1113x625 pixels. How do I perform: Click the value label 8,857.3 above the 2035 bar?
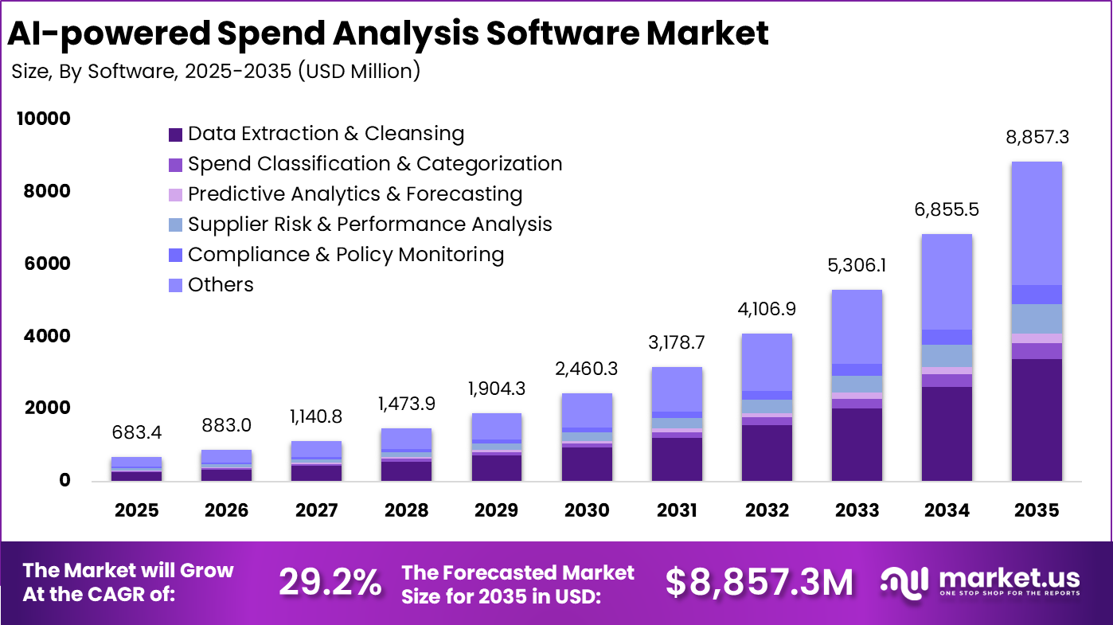(x=1037, y=137)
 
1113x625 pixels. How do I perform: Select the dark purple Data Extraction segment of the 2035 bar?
(x=1037, y=420)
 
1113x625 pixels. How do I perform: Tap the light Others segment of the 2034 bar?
(x=947, y=282)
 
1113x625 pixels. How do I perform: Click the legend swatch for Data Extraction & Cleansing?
(x=176, y=135)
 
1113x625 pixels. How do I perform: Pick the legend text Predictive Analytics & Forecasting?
(x=355, y=194)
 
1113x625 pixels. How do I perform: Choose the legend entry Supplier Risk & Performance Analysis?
(x=369, y=225)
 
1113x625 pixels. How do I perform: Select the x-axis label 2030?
(x=587, y=510)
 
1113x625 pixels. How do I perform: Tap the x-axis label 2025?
(x=136, y=510)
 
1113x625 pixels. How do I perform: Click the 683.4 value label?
(x=136, y=433)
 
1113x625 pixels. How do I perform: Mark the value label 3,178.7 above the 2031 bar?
(x=677, y=343)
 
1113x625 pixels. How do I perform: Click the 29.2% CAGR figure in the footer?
(x=330, y=583)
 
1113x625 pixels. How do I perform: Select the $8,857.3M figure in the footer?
(x=759, y=583)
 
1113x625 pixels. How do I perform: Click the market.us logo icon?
(x=905, y=583)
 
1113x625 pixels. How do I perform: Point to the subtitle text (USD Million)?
(x=359, y=71)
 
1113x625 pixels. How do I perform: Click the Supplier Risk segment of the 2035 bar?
(x=1037, y=318)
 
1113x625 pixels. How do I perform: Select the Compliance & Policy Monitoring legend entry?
(x=346, y=255)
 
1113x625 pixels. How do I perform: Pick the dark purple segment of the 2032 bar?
(x=767, y=452)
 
